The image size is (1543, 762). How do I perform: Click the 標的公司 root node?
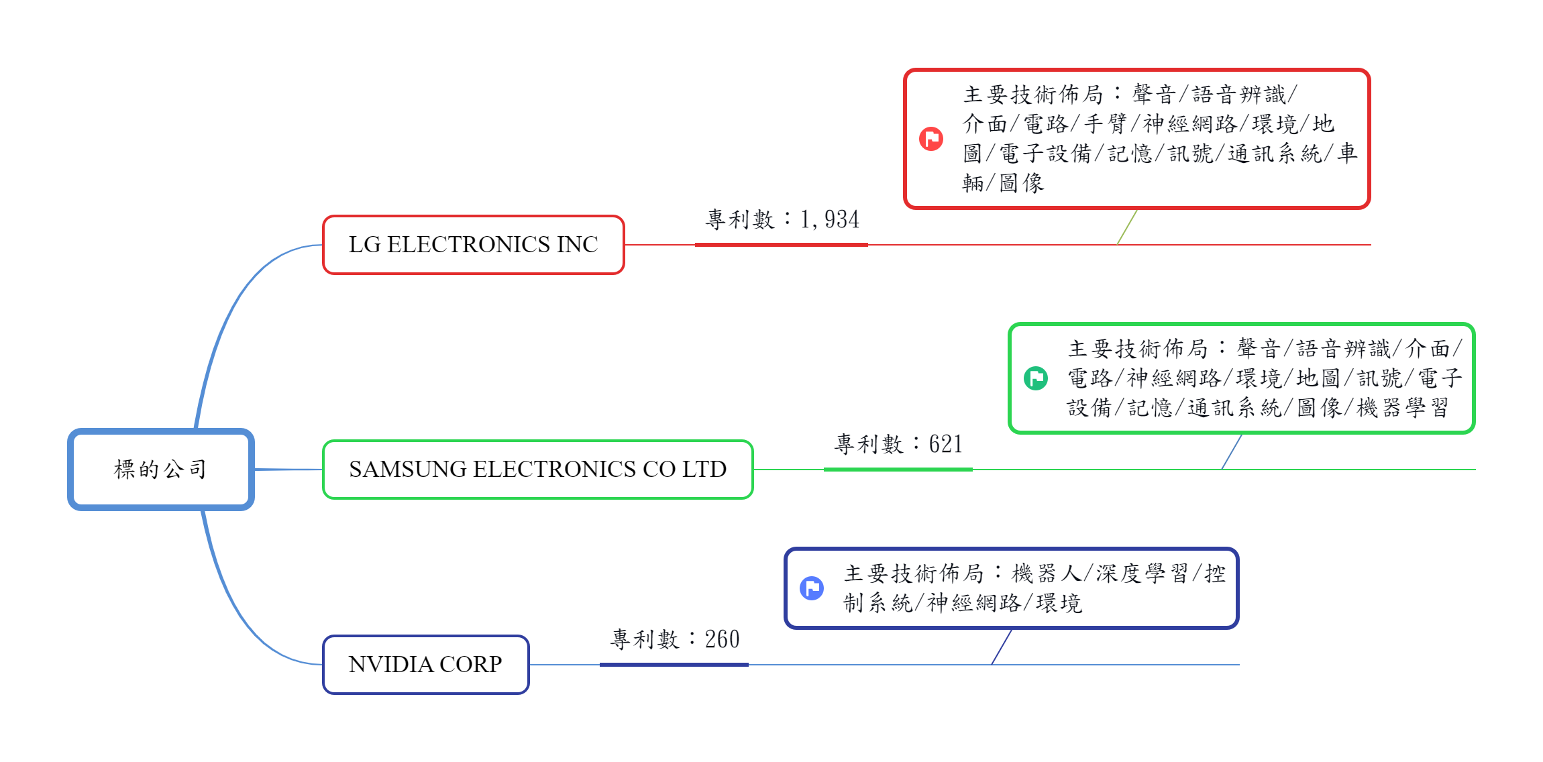click(161, 470)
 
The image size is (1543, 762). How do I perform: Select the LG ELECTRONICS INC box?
click(474, 245)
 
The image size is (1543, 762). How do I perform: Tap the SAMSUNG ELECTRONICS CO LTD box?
click(538, 470)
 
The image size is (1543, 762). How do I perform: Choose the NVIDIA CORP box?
click(426, 665)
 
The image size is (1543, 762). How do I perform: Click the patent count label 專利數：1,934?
click(782, 219)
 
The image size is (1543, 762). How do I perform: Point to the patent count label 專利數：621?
click(898, 444)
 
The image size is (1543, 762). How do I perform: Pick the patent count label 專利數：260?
click(675, 639)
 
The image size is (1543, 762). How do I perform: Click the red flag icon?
click(931, 139)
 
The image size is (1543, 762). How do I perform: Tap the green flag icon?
click(1036, 378)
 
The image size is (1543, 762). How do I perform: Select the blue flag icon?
click(812, 588)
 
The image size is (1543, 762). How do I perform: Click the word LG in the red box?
click(365, 245)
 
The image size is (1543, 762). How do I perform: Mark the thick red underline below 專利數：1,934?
click(782, 245)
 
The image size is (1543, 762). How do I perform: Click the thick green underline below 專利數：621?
click(898, 470)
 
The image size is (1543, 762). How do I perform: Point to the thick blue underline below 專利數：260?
click(674, 665)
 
